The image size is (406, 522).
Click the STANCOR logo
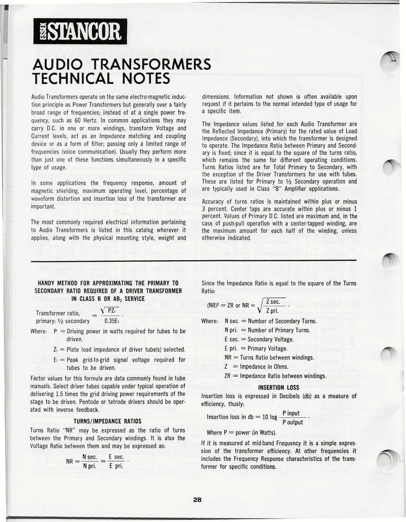[x=80, y=31]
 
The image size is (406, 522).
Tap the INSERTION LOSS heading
[x=279, y=388]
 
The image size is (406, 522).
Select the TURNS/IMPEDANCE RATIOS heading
[x=107, y=421]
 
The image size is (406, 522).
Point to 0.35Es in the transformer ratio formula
[x=112, y=321]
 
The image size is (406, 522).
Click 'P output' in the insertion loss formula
[x=293, y=422]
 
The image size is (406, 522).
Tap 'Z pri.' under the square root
[x=272, y=311]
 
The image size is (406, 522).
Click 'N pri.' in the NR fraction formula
[x=90, y=466]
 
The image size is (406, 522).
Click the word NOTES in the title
[x=146, y=79]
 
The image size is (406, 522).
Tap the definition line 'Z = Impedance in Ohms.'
[x=256, y=367]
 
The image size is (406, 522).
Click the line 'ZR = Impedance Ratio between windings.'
[x=275, y=376]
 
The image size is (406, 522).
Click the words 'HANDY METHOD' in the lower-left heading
[x=57, y=283]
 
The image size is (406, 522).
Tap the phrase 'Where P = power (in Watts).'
[x=241, y=433]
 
